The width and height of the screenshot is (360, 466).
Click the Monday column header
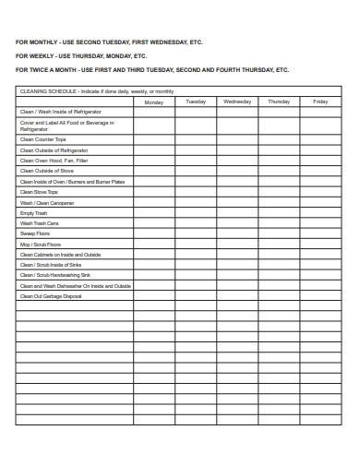(x=154, y=102)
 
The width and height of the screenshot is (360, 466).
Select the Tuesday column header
(x=196, y=102)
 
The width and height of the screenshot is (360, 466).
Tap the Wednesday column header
(x=237, y=102)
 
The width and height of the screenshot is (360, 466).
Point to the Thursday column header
(x=279, y=102)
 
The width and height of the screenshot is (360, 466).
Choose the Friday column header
(x=319, y=102)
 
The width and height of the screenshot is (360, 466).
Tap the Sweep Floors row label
(x=35, y=233)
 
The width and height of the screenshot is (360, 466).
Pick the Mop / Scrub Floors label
(x=39, y=244)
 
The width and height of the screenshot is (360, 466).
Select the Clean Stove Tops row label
(x=39, y=192)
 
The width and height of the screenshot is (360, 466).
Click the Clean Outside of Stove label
(x=46, y=171)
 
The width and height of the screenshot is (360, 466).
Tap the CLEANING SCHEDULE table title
(x=96, y=91)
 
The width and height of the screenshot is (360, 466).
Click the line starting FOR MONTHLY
(x=109, y=42)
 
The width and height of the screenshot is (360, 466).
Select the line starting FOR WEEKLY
(x=81, y=55)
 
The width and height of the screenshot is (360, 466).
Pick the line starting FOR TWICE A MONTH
(x=152, y=69)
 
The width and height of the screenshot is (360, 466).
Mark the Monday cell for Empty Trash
(x=154, y=213)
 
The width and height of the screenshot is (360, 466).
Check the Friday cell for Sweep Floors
(x=319, y=233)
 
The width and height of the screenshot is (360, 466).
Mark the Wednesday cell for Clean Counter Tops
(x=237, y=138)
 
